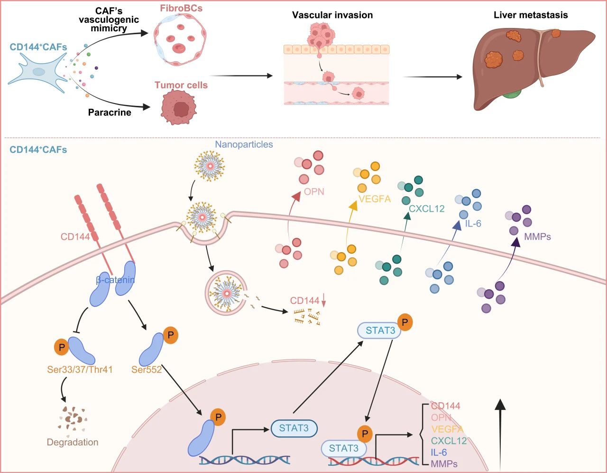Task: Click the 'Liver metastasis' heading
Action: coord(530,15)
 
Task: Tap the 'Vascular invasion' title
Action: coord(332,15)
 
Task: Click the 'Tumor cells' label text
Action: coord(181,85)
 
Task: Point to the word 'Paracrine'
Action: coord(110,113)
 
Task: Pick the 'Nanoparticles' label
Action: coord(244,144)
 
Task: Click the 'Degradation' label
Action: coord(73,442)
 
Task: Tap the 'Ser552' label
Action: coord(147,369)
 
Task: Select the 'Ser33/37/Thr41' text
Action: coord(80,369)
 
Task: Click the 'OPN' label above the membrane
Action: coord(314,191)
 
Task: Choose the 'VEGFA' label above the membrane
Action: coord(375,199)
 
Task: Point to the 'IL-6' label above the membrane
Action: coord(473,223)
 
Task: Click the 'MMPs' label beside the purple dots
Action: coord(537,236)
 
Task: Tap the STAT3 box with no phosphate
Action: coord(294,428)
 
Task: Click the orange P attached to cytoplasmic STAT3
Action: coord(405,322)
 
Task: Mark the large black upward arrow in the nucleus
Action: coord(500,432)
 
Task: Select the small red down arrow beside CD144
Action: coord(324,300)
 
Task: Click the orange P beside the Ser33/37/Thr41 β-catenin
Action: coord(62,347)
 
